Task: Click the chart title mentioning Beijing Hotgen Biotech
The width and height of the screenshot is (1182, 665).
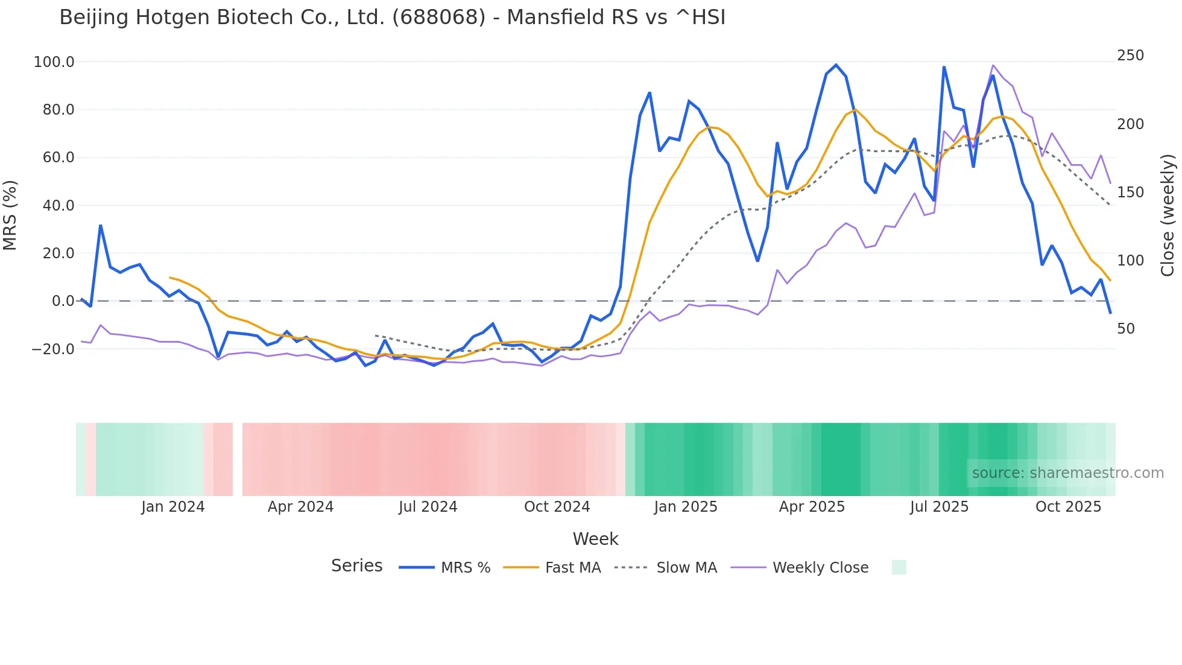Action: [392, 17]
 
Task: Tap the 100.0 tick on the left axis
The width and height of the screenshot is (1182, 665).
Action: [54, 62]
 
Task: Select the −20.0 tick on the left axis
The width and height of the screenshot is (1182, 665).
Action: [53, 349]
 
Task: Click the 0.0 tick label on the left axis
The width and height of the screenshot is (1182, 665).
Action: [63, 301]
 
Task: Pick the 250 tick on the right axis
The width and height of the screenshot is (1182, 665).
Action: [1130, 56]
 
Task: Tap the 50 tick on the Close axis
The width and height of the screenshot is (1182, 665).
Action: [1126, 329]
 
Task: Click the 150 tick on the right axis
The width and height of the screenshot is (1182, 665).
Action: [1130, 192]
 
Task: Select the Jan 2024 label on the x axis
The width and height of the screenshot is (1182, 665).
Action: [173, 507]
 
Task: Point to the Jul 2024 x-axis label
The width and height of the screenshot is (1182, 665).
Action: [428, 507]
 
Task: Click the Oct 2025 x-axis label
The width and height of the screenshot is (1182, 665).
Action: [1068, 507]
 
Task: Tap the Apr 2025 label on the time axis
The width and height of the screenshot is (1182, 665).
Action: [812, 507]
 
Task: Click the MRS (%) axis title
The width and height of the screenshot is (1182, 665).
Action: [10, 215]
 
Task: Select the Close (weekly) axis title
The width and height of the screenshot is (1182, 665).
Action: [1168, 215]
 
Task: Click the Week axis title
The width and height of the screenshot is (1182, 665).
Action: [595, 539]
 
